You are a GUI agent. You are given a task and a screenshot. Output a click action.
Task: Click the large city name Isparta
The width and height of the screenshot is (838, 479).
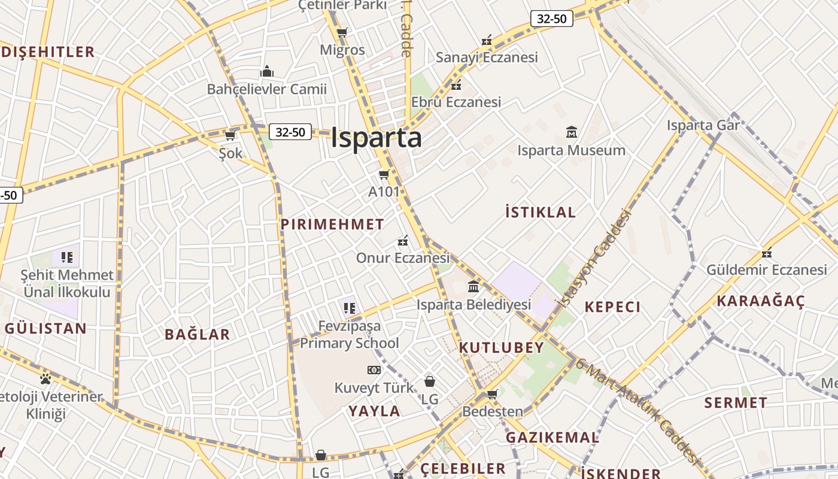(376, 138)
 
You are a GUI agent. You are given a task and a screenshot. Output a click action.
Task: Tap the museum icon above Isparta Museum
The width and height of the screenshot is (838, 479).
(572, 132)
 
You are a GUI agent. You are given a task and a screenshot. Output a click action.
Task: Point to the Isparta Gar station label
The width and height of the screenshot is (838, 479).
(703, 126)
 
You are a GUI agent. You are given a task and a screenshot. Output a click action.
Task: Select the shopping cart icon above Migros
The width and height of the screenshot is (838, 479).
(342, 32)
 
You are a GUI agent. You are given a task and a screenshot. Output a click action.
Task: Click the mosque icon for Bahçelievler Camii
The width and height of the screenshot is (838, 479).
(267, 72)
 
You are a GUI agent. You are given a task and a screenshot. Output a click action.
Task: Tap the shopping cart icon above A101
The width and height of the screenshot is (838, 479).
(384, 175)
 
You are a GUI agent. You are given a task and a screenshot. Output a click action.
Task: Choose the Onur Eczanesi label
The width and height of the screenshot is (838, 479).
(402, 258)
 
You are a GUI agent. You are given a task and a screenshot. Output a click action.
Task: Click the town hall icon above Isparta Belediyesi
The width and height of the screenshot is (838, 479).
(473, 286)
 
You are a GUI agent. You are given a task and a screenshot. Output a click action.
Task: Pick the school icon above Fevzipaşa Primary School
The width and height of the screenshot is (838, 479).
(350, 308)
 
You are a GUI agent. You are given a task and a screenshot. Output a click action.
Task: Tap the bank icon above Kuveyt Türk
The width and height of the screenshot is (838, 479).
(374, 370)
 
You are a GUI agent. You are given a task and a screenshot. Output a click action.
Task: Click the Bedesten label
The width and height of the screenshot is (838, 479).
(493, 411)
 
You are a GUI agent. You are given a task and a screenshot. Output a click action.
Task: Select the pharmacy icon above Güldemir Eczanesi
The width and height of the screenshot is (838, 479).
(767, 252)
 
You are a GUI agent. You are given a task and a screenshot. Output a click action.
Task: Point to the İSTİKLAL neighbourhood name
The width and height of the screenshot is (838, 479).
(541, 212)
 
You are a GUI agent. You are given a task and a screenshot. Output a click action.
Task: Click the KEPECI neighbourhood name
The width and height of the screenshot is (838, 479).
(612, 307)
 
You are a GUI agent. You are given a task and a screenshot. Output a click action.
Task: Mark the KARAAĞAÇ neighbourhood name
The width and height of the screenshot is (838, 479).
(761, 301)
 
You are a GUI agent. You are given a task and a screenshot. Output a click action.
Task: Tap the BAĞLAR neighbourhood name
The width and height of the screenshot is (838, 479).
(198, 335)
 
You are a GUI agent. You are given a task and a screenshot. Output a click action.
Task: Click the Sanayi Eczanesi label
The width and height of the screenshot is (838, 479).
(487, 57)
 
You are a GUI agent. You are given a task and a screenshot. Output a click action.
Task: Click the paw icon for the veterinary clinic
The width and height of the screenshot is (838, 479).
(45, 378)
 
